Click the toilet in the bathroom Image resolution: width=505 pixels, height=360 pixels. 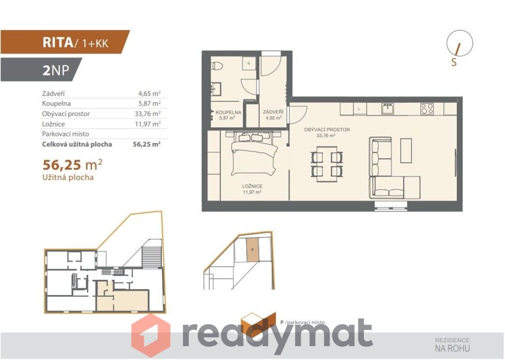coord(217,66)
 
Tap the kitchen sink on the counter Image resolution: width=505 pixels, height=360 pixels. coord(387,108)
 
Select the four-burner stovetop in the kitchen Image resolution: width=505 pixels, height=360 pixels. coord(427,108)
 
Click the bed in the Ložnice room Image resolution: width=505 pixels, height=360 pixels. coord(254,153)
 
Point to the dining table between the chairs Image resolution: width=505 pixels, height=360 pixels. coord(327,164)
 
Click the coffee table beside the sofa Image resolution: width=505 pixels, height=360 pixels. coord(406,150)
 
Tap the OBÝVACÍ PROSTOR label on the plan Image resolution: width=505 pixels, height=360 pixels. coord(327,129)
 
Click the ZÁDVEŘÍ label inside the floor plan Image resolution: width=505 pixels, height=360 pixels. coord(273,112)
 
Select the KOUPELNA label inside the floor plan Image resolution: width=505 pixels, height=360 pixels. coord(228,112)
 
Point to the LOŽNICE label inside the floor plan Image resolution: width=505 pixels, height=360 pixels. coord(252,186)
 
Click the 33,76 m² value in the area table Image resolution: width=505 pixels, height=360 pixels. coord(148,113)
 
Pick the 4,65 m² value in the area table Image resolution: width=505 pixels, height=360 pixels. coord(149,93)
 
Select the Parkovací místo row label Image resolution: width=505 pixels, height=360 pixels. coord(65,134)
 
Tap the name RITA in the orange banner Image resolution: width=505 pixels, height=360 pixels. coord(58,43)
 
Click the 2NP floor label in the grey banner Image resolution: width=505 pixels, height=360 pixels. coord(56,70)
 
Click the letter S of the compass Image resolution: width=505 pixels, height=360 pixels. coord(454,62)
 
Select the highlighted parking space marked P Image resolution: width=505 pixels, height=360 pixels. coord(252,250)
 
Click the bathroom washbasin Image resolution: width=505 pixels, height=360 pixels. coord(217,89)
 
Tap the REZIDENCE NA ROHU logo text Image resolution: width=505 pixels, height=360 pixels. coord(452,345)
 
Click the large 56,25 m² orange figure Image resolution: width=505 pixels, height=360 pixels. coord(73,165)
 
